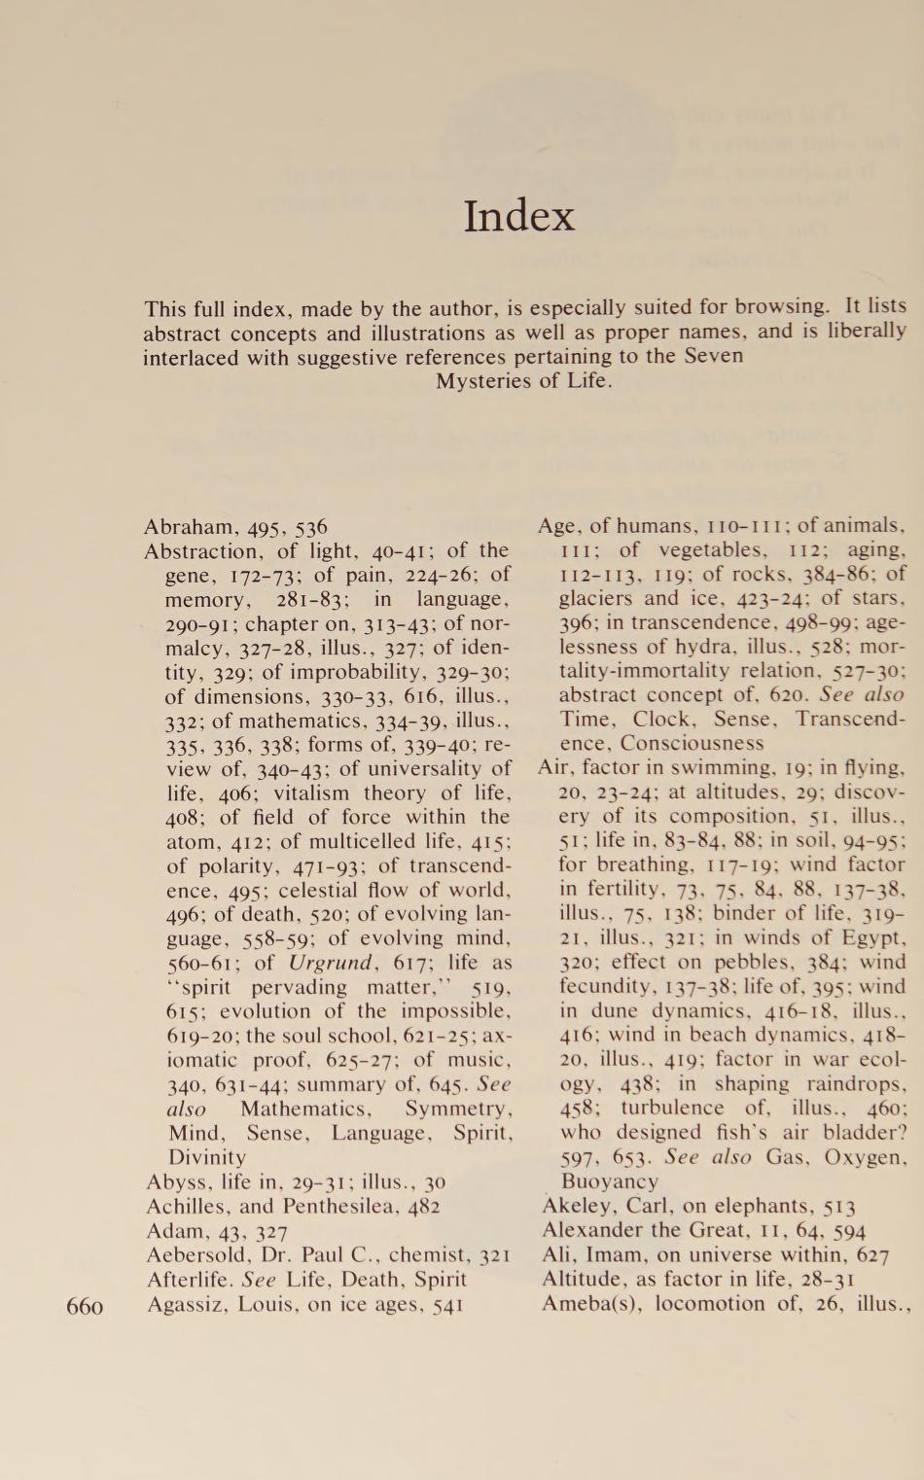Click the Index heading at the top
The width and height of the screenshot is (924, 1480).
point(518,216)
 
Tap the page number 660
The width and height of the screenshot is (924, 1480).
point(85,1306)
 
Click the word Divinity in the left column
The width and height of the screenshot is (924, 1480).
point(207,1158)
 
